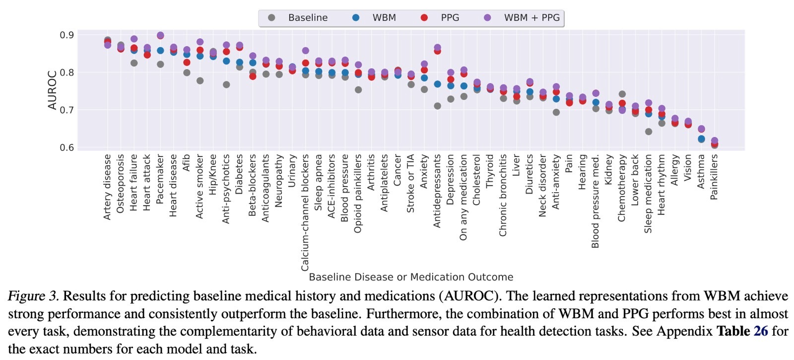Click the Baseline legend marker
271,18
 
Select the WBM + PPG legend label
531,18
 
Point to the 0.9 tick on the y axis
67,35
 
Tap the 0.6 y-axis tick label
67,147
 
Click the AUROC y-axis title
53,90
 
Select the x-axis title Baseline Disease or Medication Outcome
411,277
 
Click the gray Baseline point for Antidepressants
437,106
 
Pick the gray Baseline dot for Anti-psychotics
226,84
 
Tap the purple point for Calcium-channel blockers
306,51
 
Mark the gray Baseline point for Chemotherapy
622,94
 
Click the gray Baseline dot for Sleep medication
649,132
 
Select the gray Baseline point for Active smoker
200,80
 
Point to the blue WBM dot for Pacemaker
160,51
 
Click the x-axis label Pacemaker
160,179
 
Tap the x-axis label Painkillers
714,177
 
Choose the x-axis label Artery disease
108,187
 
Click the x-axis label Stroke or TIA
410,183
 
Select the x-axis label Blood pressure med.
595,201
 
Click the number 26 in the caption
761,331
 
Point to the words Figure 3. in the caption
33,296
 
